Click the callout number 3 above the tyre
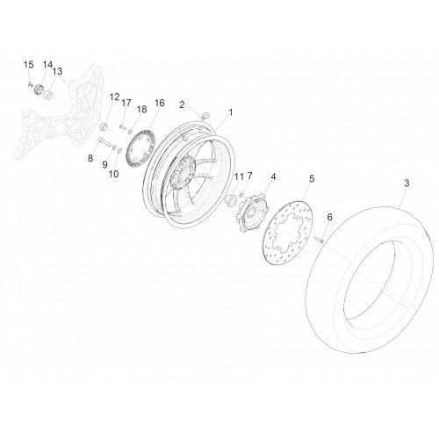(x=407, y=184)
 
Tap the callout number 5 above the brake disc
(x=312, y=178)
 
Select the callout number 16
(x=160, y=103)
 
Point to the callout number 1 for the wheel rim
(x=231, y=112)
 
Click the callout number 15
(x=29, y=64)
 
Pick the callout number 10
(x=114, y=174)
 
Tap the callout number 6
(x=330, y=217)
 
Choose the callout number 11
(x=239, y=176)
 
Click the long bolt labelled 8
(x=105, y=143)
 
